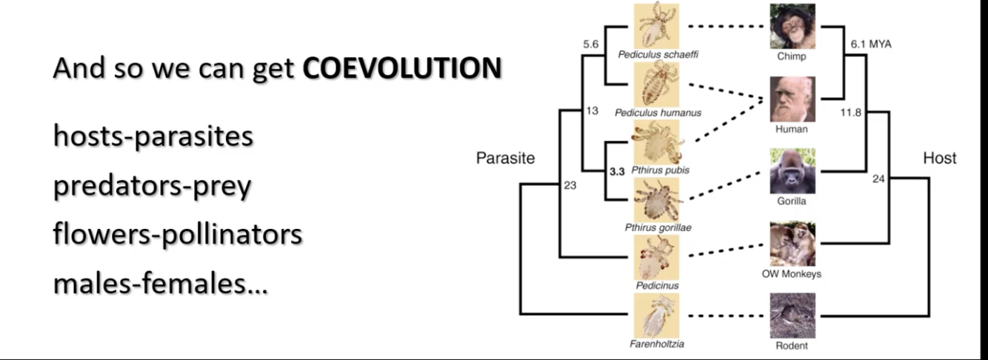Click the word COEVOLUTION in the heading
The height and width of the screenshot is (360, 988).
click(402, 69)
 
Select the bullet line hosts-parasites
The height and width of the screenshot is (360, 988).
click(153, 136)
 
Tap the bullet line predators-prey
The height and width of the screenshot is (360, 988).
click(152, 186)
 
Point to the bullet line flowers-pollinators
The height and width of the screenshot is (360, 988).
click(177, 234)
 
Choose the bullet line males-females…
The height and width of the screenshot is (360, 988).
click(160, 284)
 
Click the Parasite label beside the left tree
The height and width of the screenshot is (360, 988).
click(505, 158)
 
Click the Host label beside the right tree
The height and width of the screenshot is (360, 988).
click(939, 158)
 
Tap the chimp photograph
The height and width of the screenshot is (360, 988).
click(792, 26)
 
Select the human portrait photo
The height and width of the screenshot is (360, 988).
click(792, 99)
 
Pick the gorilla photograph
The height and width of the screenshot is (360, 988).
click(792, 171)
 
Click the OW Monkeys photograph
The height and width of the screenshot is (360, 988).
click(792, 244)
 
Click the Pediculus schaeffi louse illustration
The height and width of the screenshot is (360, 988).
click(656, 26)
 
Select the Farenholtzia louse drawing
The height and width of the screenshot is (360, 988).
click(656, 315)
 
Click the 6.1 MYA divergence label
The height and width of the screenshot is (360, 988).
click(871, 44)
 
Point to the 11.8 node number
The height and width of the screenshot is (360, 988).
click(850, 113)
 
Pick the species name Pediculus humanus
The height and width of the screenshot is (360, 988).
click(657, 113)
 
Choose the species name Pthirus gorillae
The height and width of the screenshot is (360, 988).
click(658, 227)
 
